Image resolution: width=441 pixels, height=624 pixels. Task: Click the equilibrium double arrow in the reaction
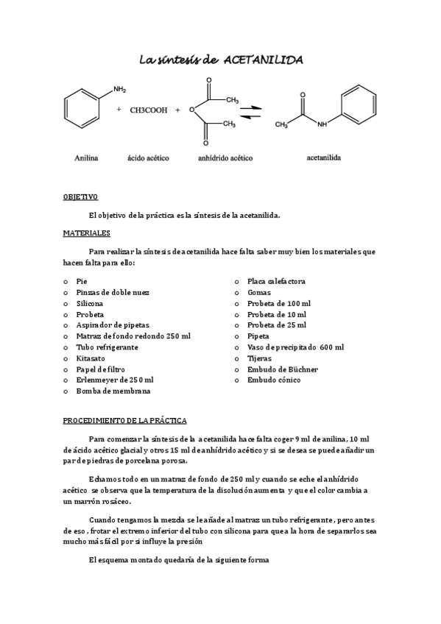tap(251, 111)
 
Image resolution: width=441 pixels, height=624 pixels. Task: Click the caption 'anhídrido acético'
tap(226, 157)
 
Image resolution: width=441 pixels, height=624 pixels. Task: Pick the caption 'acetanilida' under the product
tap(323, 157)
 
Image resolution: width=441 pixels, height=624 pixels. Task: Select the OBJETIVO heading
tap(80, 197)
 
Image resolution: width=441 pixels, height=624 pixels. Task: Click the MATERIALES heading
tap(86, 233)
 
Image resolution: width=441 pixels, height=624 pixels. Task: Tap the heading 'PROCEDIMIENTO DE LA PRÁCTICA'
tap(124, 420)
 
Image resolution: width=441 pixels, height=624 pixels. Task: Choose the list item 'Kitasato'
tap(90, 358)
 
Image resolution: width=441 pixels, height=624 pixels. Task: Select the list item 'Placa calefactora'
tap(276, 281)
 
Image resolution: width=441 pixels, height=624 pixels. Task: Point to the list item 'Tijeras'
tap(260, 358)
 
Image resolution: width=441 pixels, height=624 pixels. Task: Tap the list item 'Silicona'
tap(90, 303)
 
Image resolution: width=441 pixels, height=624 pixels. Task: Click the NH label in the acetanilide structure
tap(321, 124)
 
